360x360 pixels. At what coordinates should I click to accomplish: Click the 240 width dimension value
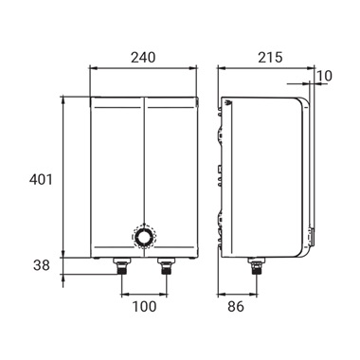pyautogui.click(x=143, y=58)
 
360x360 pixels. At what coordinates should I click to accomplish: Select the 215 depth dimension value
pyautogui.click(x=270, y=58)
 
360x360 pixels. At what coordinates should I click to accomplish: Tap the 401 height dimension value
pyautogui.click(x=41, y=180)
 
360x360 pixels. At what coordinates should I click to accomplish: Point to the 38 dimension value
pyautogui.click(x=42, y=265)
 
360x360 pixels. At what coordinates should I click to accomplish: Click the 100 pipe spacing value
pyautogui.click(x=144, y=306)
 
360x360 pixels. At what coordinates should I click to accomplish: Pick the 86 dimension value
pyautogui.click(x=236, y=306)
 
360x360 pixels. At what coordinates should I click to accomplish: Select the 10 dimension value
pyautogui.click(x=324, y=76)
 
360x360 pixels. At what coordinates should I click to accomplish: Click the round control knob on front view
pyautogui.click(x=144, y=237)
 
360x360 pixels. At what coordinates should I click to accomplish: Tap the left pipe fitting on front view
pyautogui.click(x=122, y=266)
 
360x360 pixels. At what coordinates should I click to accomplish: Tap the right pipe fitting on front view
pyautogui.click(x=166, y=266)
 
